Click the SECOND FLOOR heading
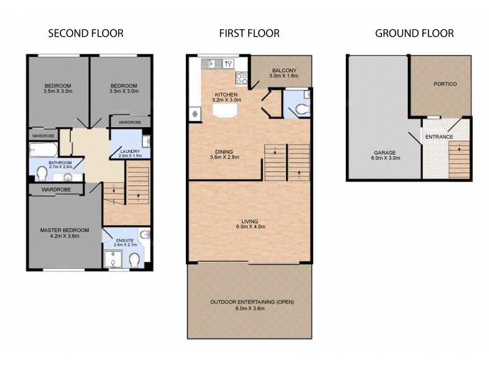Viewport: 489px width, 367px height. (86, 33)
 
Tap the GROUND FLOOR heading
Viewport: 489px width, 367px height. (414, 33)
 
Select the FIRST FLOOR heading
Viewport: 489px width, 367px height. (249, 33)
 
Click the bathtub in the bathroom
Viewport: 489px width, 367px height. (43, 149)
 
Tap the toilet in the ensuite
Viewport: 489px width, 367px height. (134, 261)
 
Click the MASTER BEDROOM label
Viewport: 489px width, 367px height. (64, 230)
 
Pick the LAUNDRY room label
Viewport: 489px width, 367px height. (130, 151)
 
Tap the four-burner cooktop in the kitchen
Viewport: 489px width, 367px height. (241, 78)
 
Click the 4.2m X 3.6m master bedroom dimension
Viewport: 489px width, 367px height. (64, 237)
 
